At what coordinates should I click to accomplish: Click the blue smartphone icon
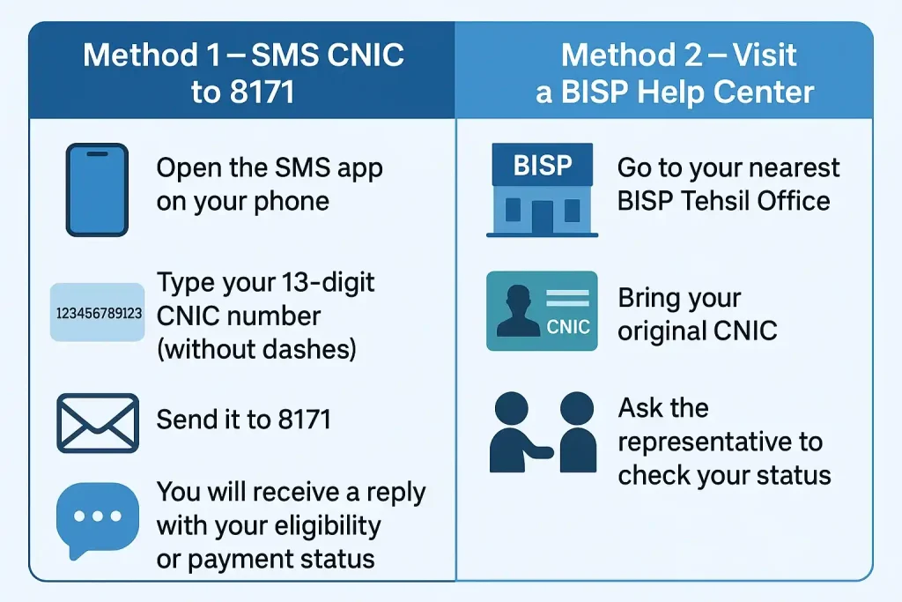click(x=97, y=190)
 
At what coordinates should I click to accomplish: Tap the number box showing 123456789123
click(x=98, y=312)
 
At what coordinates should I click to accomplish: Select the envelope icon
click(x=97, y=423)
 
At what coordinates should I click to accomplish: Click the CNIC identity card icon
click(x=542, y=312)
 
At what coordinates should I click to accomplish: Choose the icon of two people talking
click(x=541, y=432)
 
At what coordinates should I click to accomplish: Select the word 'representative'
click(x=720, y=442)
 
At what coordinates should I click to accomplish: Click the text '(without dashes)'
click(x=256, y=349)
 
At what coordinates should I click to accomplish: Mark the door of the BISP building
click(x=542, y=217)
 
